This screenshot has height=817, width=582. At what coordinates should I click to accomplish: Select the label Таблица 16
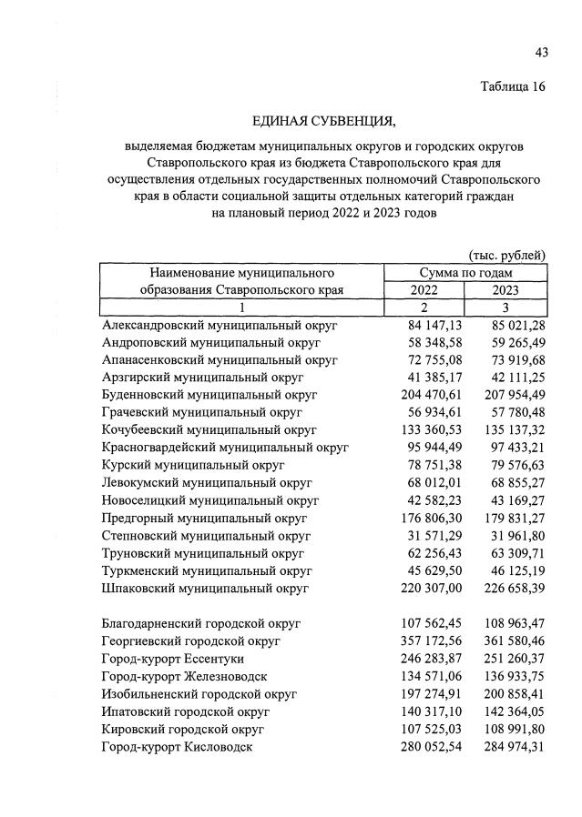point(513,87)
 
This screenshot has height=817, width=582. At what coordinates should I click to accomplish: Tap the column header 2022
point(424,290)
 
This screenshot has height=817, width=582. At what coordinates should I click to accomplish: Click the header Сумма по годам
point(465,272)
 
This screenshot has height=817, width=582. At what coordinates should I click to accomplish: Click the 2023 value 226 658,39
point(505,588)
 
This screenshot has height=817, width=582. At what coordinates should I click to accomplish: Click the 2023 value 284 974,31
point(505,747)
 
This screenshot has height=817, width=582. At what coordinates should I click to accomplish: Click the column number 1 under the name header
point(241,308)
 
